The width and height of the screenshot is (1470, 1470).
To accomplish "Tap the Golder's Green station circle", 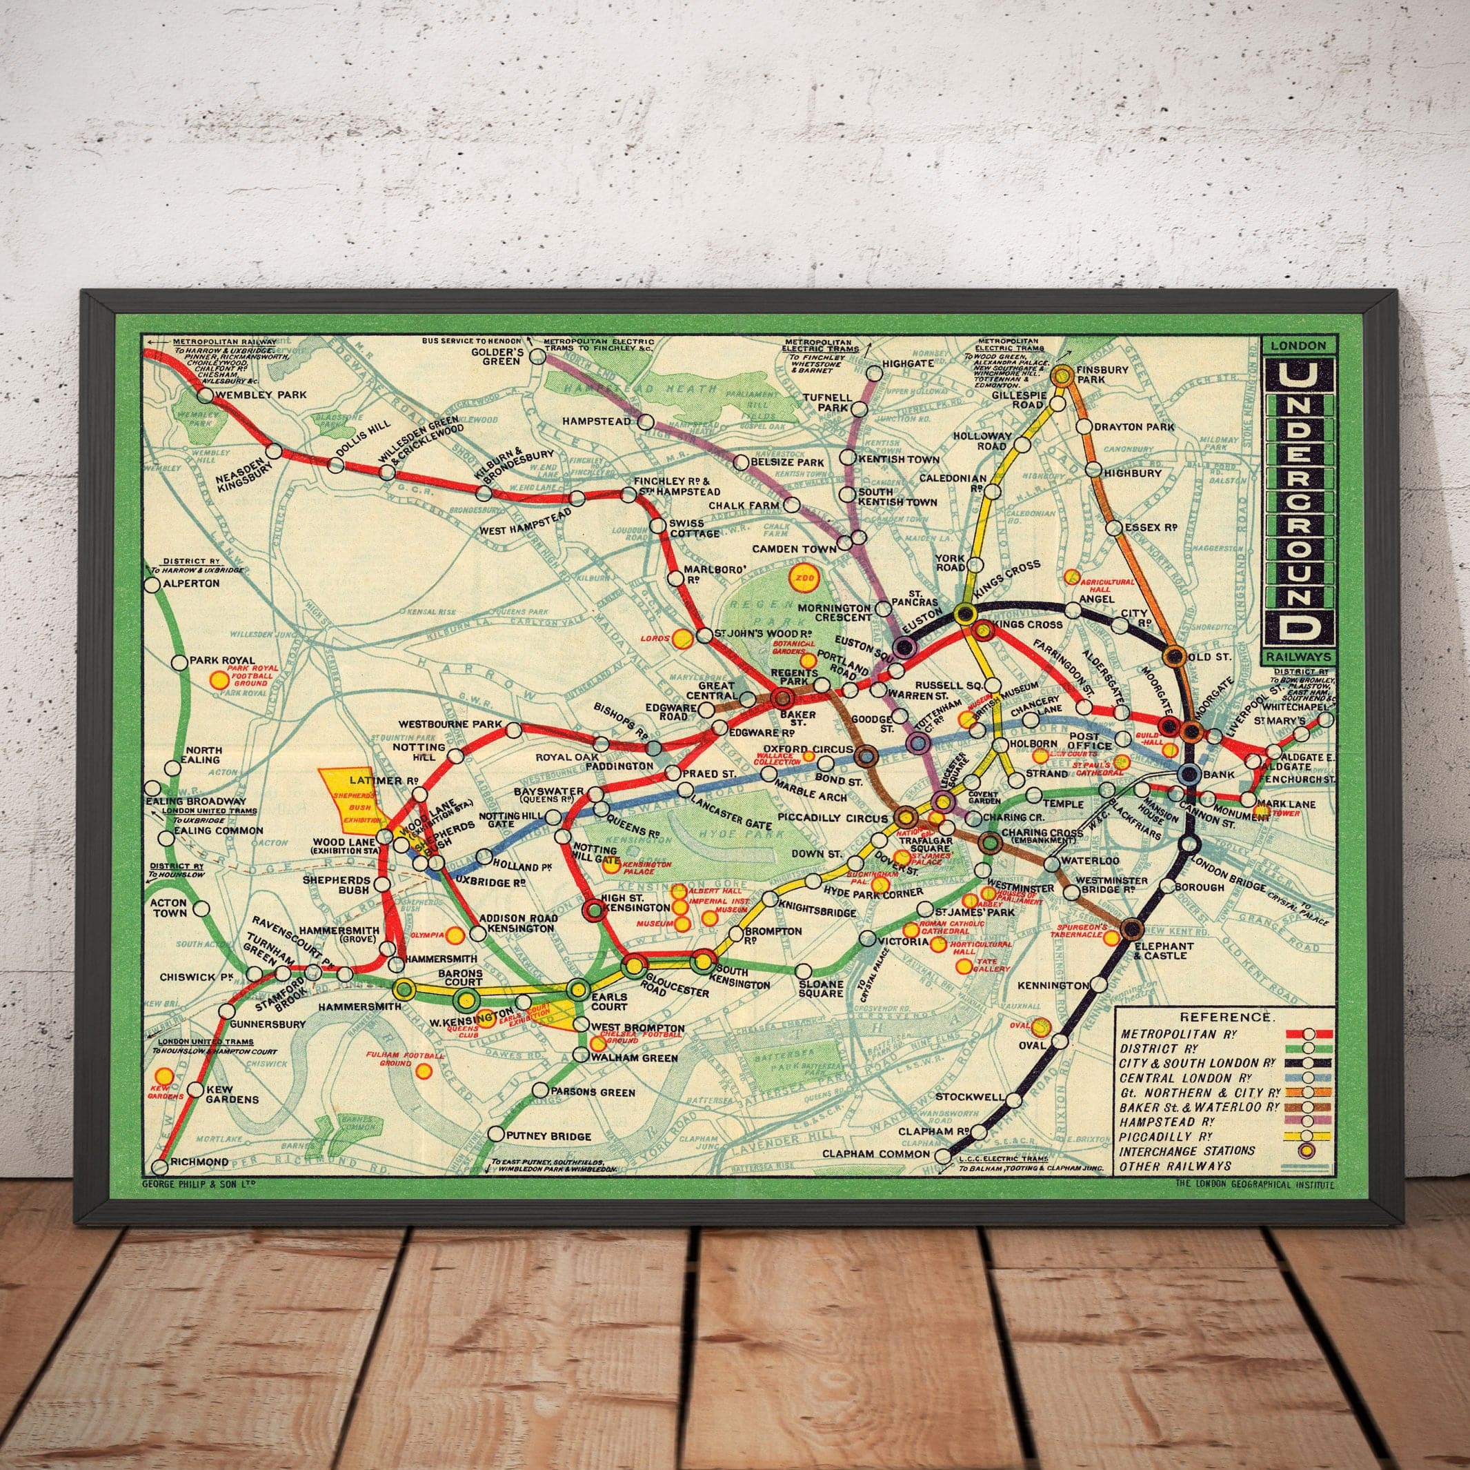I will pos(537,355).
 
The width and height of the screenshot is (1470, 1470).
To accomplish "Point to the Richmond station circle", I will pos(160,1166).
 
